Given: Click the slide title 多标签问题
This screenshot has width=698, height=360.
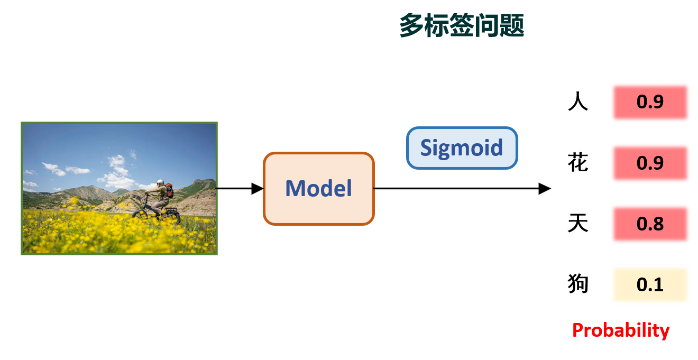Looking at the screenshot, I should click(461, 25).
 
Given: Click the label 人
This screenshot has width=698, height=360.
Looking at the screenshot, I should click(578, 101).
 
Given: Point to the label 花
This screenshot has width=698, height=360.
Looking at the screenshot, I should click(578, 163).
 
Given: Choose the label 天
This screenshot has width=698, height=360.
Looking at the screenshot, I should click(578, 224).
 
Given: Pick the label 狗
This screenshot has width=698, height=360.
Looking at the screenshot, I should click(578, 284).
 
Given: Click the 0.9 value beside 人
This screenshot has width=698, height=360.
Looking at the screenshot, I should click(650, 102).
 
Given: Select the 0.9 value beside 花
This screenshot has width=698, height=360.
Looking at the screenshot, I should click(650, 163).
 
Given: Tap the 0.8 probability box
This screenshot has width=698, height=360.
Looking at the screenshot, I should click(650, 224).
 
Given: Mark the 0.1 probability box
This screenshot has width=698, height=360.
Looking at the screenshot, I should click(650, 284).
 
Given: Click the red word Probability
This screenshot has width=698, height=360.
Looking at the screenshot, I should click(621, 330).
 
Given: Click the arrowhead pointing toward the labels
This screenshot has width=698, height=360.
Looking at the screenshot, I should click(545, 188).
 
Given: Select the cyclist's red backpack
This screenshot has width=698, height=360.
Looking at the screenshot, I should click(169, 190).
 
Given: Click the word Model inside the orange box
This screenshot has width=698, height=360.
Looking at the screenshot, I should click(319, 188).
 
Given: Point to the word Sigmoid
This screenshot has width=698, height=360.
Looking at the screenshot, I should click(462, 148).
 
